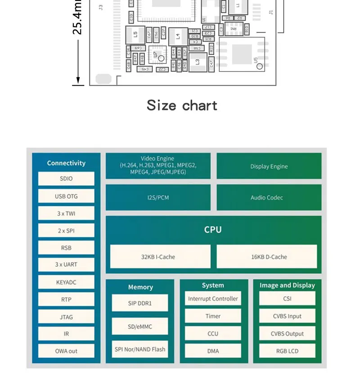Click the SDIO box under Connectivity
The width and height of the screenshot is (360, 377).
[x=66, y=178]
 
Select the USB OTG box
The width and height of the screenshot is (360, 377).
[x=66, y=196]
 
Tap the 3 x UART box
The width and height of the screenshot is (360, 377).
[x=66, y=265]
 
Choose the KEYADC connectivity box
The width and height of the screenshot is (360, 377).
[x=66, y=282]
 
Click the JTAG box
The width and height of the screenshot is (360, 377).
[x=66, y=317]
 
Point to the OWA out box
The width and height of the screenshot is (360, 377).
[x=66, y=351]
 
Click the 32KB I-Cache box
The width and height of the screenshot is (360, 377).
[x=160, y=257]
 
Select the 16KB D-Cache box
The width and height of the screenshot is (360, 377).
[x=267, y=257]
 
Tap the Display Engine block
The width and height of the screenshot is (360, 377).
[x=269, y=166]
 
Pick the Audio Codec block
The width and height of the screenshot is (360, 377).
[x=269, y=197]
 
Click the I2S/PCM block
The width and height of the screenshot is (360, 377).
[x=158, y=197]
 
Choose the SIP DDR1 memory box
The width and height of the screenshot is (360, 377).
[x=140, y=303]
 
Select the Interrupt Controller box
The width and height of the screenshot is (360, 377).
[x=213, y=299]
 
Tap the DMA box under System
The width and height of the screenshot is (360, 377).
[x=213, y=351]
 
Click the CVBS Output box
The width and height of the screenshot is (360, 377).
[x=287, y=334]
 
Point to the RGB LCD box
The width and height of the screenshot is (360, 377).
[x=287, y=351]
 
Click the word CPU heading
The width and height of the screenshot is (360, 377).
[x=213, y=229]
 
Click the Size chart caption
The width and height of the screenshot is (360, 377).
[x=182, y=105]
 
